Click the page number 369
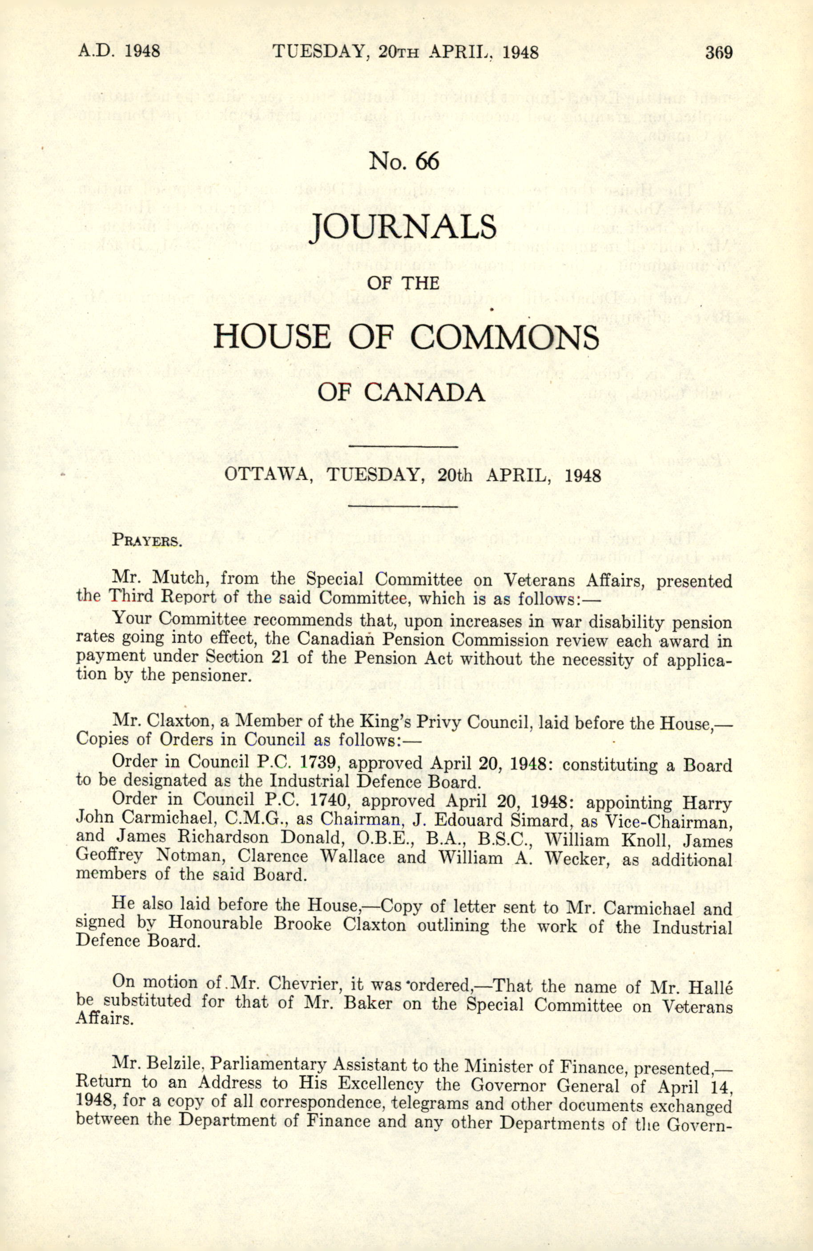(x=718, y=52)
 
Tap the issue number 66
(x=427, y=161)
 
